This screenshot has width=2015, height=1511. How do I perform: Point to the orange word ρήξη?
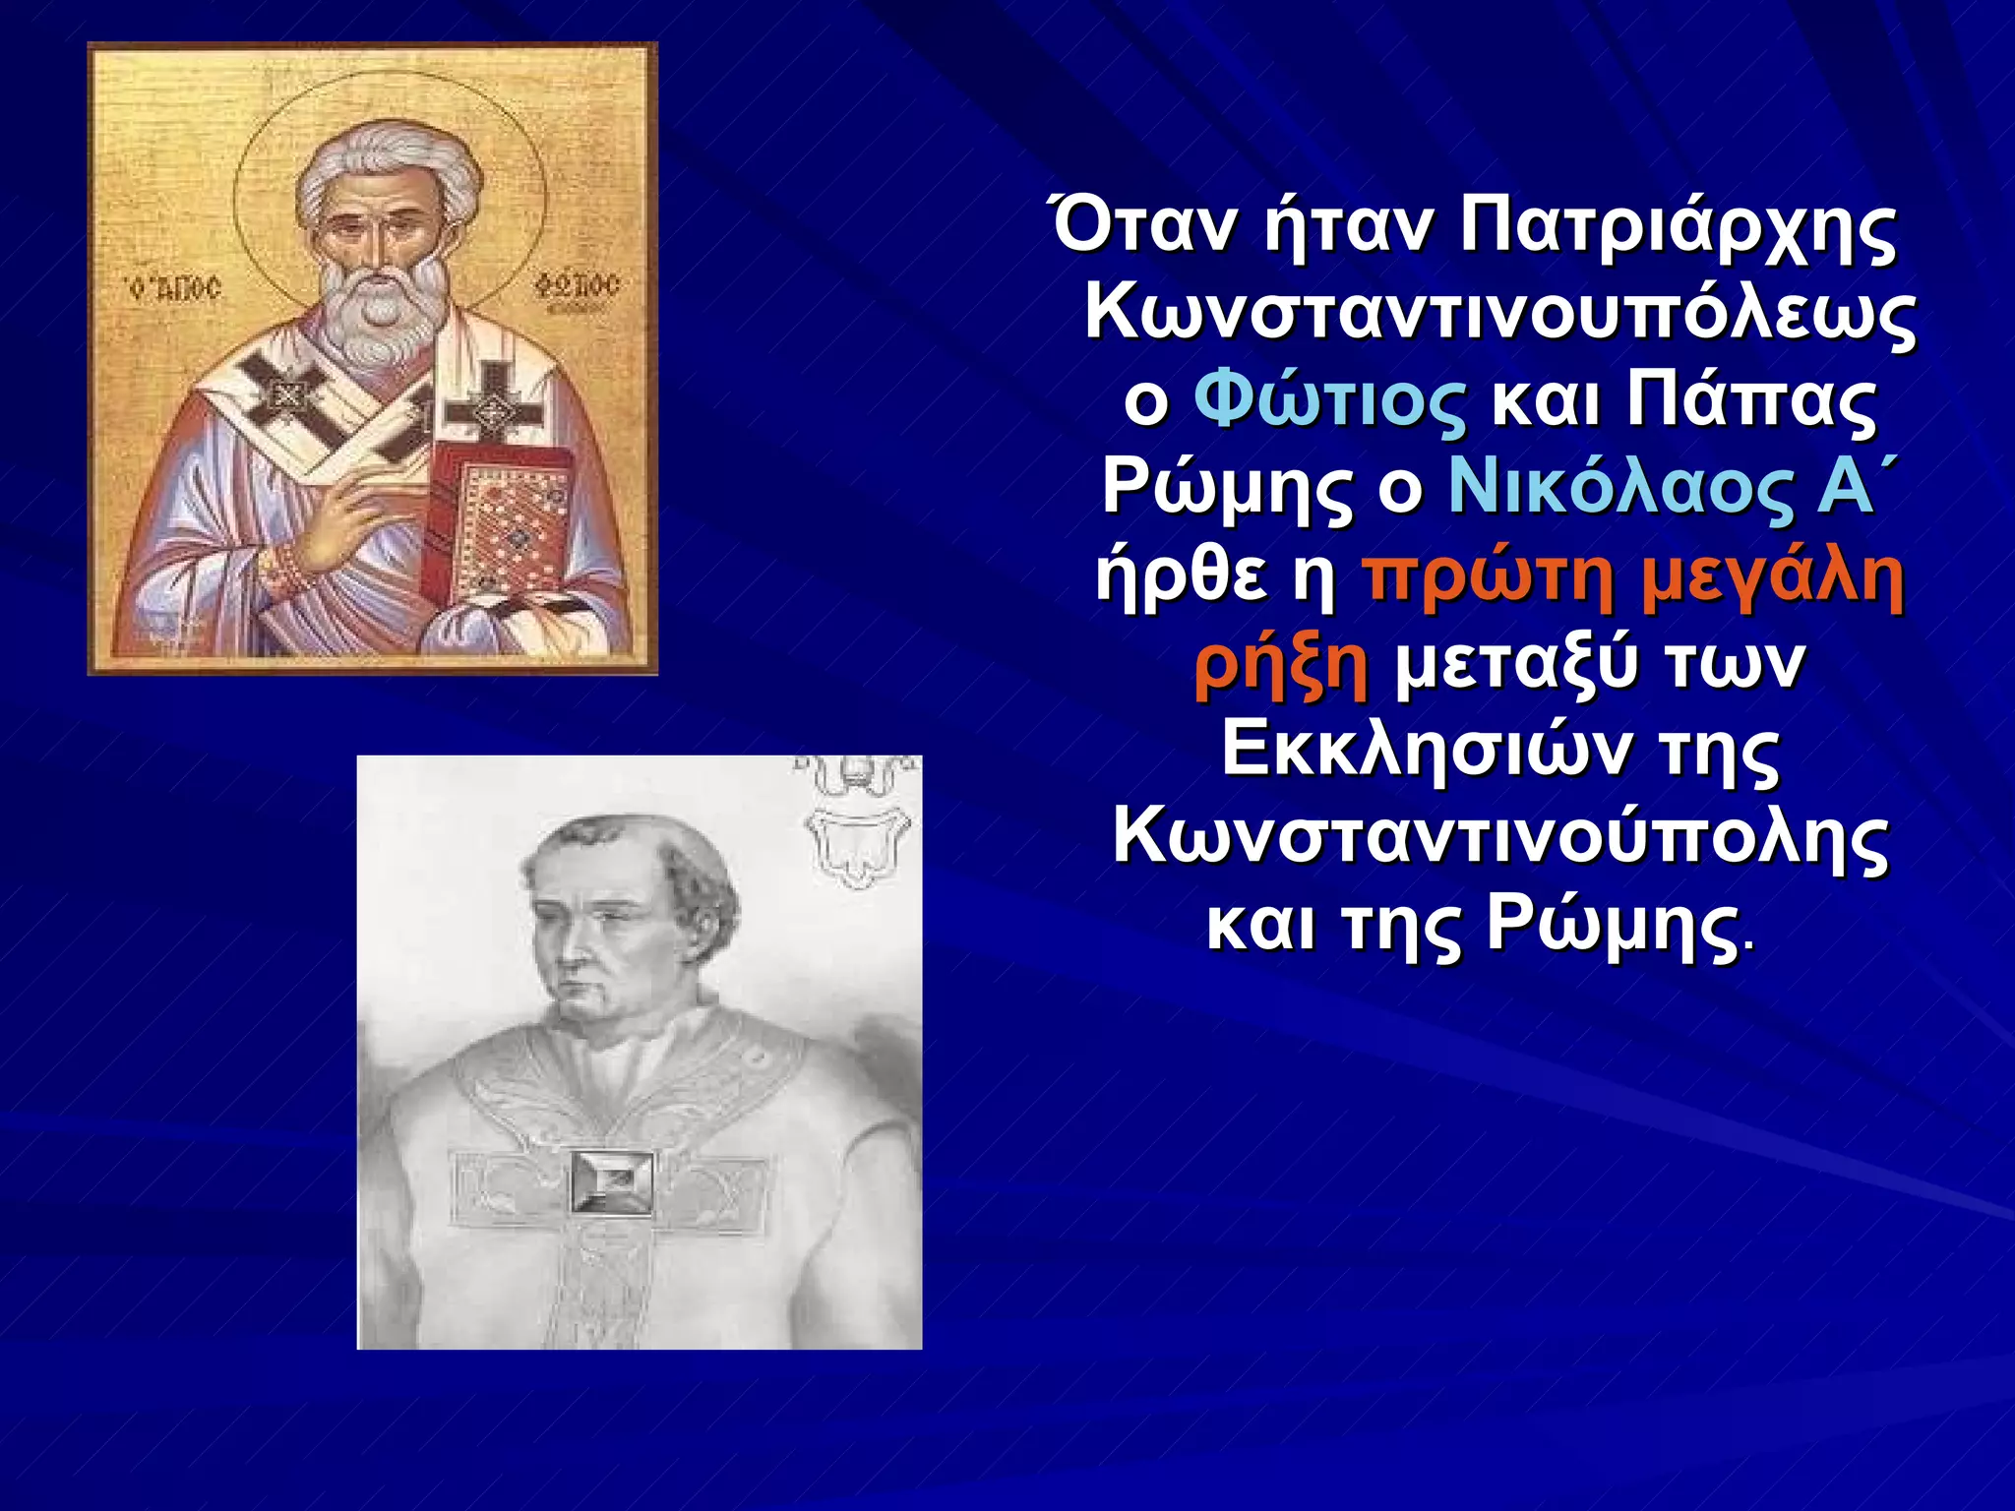(1280, 667)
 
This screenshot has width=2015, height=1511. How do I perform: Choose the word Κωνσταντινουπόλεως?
(1499, 315)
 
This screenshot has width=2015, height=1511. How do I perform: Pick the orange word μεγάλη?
(1772, 579)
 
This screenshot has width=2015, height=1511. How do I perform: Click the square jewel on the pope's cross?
(611, 1181)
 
